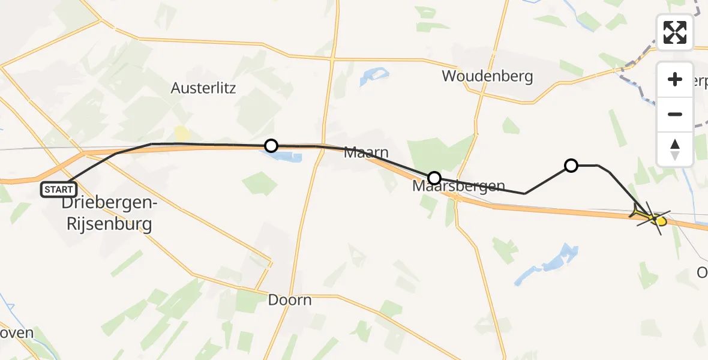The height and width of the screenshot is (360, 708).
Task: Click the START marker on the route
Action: point(58,190)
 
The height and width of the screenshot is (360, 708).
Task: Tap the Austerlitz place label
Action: point(203,88)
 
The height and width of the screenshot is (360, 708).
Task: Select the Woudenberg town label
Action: point(487,76)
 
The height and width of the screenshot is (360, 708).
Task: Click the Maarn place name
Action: point(366,153)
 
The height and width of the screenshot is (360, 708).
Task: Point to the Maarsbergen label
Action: point(458,187)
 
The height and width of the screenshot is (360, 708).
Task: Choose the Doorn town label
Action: point(290,300)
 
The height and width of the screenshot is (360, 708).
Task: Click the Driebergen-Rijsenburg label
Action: point(110,214)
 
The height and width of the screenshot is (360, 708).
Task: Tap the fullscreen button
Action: point(675,32)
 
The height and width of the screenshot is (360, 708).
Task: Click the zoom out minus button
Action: point(675,114)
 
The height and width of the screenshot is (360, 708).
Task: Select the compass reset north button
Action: point(675,149)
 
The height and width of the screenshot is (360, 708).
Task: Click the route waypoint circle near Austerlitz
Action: point(271,146)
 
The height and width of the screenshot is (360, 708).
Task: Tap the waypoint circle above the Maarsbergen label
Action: point(434,178)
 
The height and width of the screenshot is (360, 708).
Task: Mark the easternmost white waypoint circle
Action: point(571,165)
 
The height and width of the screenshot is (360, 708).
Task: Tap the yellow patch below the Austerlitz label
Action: point(181,134)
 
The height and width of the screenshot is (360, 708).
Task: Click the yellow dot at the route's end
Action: point(661,221)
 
